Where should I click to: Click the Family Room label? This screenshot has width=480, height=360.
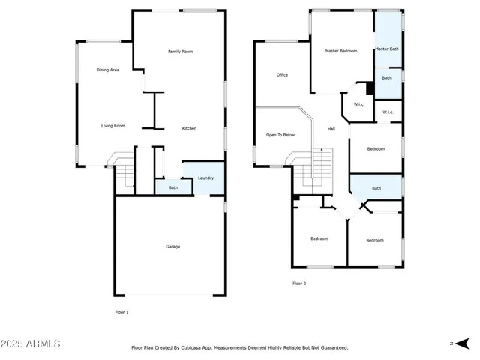tap(180, 52)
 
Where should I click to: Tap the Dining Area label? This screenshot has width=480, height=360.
tap(108, 70)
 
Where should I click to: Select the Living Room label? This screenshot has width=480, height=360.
tap(112, 126)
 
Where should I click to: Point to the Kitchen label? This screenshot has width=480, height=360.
tap(190, 129)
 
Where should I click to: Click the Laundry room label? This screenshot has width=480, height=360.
tap(205, 178)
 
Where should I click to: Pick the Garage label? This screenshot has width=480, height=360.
tap(172, 246)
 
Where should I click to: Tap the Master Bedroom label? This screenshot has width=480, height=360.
tap(340, 51)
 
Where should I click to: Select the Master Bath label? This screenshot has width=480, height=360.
tap(387, 49)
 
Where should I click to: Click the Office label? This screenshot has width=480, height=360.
tap(282, 75)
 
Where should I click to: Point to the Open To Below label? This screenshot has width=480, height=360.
tap(280, 135)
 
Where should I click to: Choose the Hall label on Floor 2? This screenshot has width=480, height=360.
tap(331, 129)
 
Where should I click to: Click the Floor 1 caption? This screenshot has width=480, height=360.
tap(121, 311)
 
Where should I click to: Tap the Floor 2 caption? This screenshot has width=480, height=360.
tap(299, 283)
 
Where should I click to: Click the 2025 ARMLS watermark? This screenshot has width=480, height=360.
tap(31, 343)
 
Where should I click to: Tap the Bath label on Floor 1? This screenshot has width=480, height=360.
tap(172, 187)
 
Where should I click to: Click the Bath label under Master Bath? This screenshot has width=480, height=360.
tap(386, 78)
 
